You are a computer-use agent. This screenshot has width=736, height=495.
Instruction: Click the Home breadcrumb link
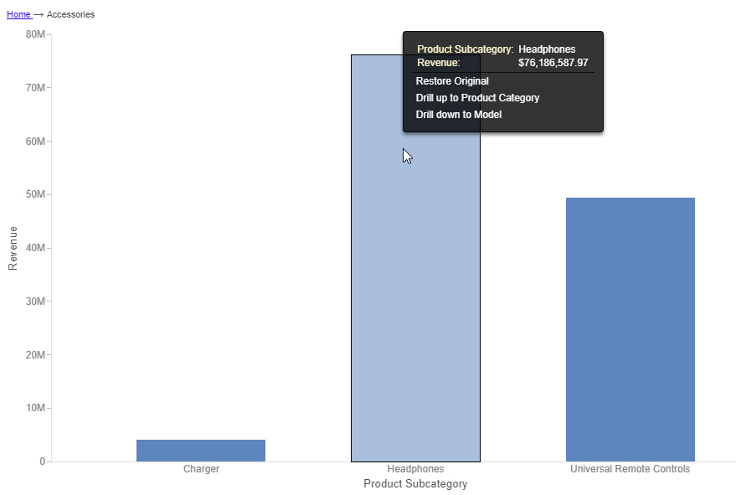point(18,14)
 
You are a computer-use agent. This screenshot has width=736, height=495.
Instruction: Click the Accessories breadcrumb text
point(70,14)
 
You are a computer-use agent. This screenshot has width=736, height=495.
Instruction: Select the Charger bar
point(201,451)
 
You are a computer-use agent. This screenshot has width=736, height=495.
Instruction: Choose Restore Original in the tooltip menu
point(452,81)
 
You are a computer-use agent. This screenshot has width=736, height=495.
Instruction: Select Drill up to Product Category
point(477,98)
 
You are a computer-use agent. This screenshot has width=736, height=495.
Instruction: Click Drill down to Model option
point(459,115)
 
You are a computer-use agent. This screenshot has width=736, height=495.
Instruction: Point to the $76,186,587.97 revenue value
point(553,62)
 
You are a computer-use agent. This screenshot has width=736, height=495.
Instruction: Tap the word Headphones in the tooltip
point(547,49)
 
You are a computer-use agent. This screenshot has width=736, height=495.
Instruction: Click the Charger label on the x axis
point(201,469)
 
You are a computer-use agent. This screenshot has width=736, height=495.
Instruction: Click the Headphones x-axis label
point(415,469)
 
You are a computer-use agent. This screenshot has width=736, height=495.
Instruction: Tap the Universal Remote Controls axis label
point(630,469)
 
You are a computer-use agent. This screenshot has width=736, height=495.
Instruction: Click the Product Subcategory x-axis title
point(415,484)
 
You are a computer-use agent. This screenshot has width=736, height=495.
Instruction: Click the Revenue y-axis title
point(13,248)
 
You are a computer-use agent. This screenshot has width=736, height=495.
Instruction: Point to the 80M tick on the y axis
point(35,34)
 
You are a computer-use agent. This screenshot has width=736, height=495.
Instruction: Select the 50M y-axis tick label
point(35,194)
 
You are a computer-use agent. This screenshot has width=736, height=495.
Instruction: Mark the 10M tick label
point(35,408)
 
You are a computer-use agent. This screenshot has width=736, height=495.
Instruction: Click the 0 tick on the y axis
point(42,461)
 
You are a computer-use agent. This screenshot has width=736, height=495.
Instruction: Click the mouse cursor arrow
point(407,156)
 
